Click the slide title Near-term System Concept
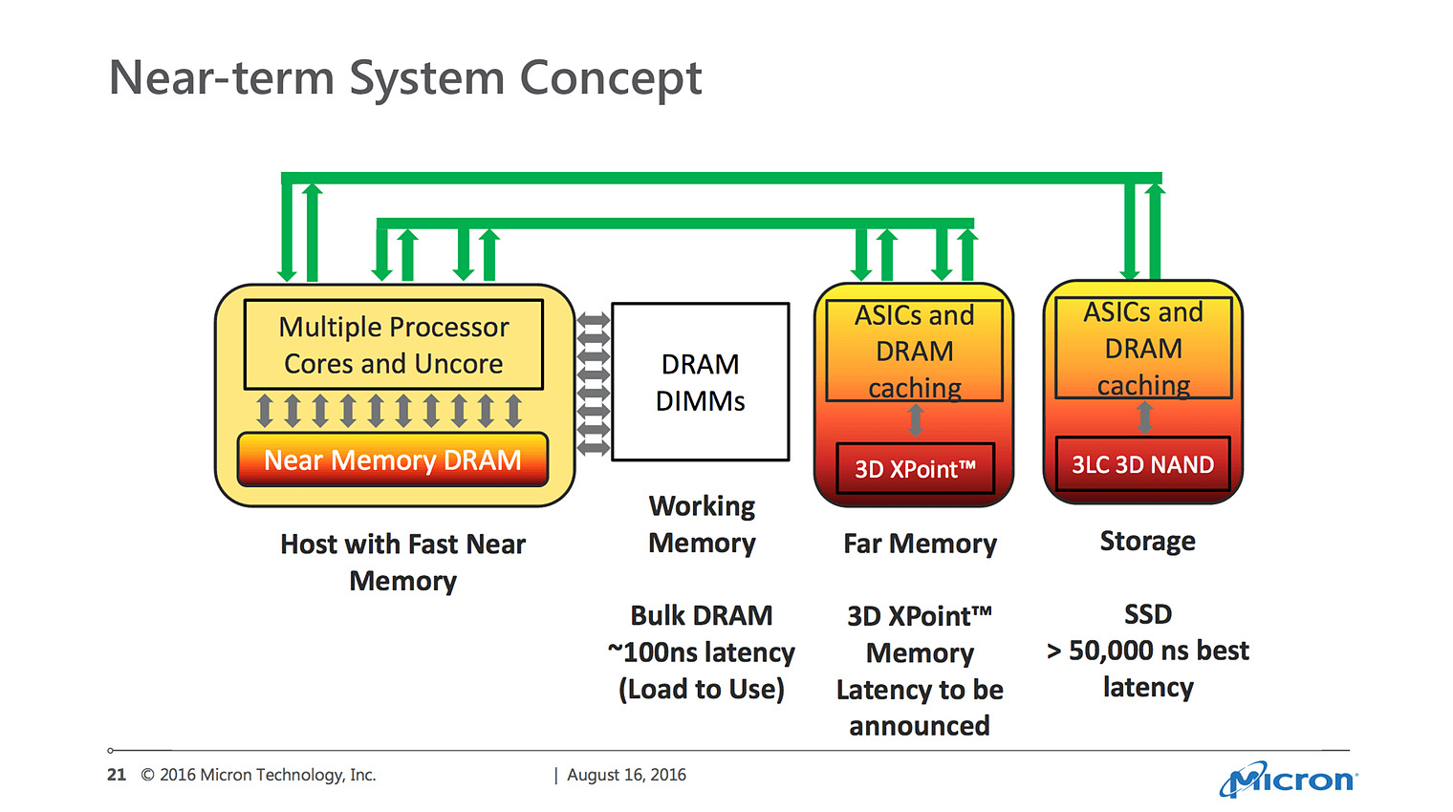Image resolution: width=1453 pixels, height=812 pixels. coord(405,77)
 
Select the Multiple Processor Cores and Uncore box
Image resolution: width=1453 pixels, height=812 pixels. coord(394,344)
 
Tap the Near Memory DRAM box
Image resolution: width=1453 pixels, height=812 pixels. coord(393,459)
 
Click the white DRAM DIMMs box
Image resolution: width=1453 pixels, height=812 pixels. coord(701,382)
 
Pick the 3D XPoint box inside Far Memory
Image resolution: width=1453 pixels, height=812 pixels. coord(915,468)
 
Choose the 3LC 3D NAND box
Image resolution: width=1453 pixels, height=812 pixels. coord(1143,464)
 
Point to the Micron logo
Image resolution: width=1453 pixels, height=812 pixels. coord(1289,779)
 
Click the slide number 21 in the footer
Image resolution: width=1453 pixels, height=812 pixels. coord(117,775)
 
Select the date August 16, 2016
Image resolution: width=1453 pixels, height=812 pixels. coord(627,775)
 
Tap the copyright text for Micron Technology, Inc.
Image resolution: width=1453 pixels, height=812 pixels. coord(258,775)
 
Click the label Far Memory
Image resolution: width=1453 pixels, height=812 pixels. coord(920,543)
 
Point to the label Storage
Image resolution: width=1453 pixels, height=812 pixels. coord(1147,541)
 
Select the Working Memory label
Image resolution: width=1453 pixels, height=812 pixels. coord(702,524)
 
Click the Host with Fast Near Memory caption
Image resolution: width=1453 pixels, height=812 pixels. coord(402,563)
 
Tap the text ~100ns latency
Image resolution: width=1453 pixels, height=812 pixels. coord(702,652)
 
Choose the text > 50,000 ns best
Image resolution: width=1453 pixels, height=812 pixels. coord(1147,650)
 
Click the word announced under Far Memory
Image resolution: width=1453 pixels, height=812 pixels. coord(920,726)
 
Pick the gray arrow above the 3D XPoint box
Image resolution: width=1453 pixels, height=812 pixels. coord(915,420)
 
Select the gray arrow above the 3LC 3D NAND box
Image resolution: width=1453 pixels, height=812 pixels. coord(1145,417)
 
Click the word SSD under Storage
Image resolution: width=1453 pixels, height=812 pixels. coord(1147,613)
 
